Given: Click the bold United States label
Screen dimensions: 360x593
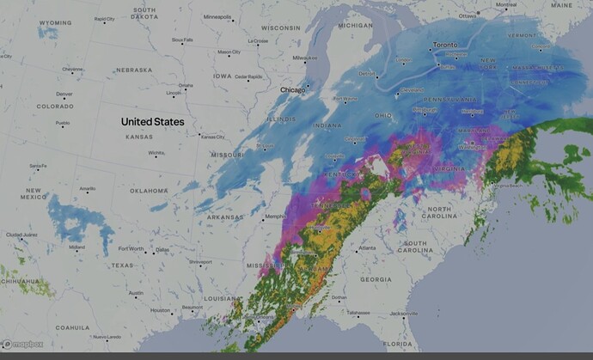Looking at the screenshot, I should point(152,122).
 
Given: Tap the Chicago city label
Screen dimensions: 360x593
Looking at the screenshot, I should point(293,89).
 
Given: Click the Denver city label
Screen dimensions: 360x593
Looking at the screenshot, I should point(64,94).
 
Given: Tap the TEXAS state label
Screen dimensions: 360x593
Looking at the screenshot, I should point(122,265).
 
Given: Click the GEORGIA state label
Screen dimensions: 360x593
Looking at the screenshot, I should point(376,279).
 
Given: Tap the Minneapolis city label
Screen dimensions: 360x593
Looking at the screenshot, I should point(216,16).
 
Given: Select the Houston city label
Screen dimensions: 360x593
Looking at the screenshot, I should point(159,310).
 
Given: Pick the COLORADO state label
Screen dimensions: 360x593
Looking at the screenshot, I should point(55,107).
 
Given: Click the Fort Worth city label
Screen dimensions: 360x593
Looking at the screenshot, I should point(131,249).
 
